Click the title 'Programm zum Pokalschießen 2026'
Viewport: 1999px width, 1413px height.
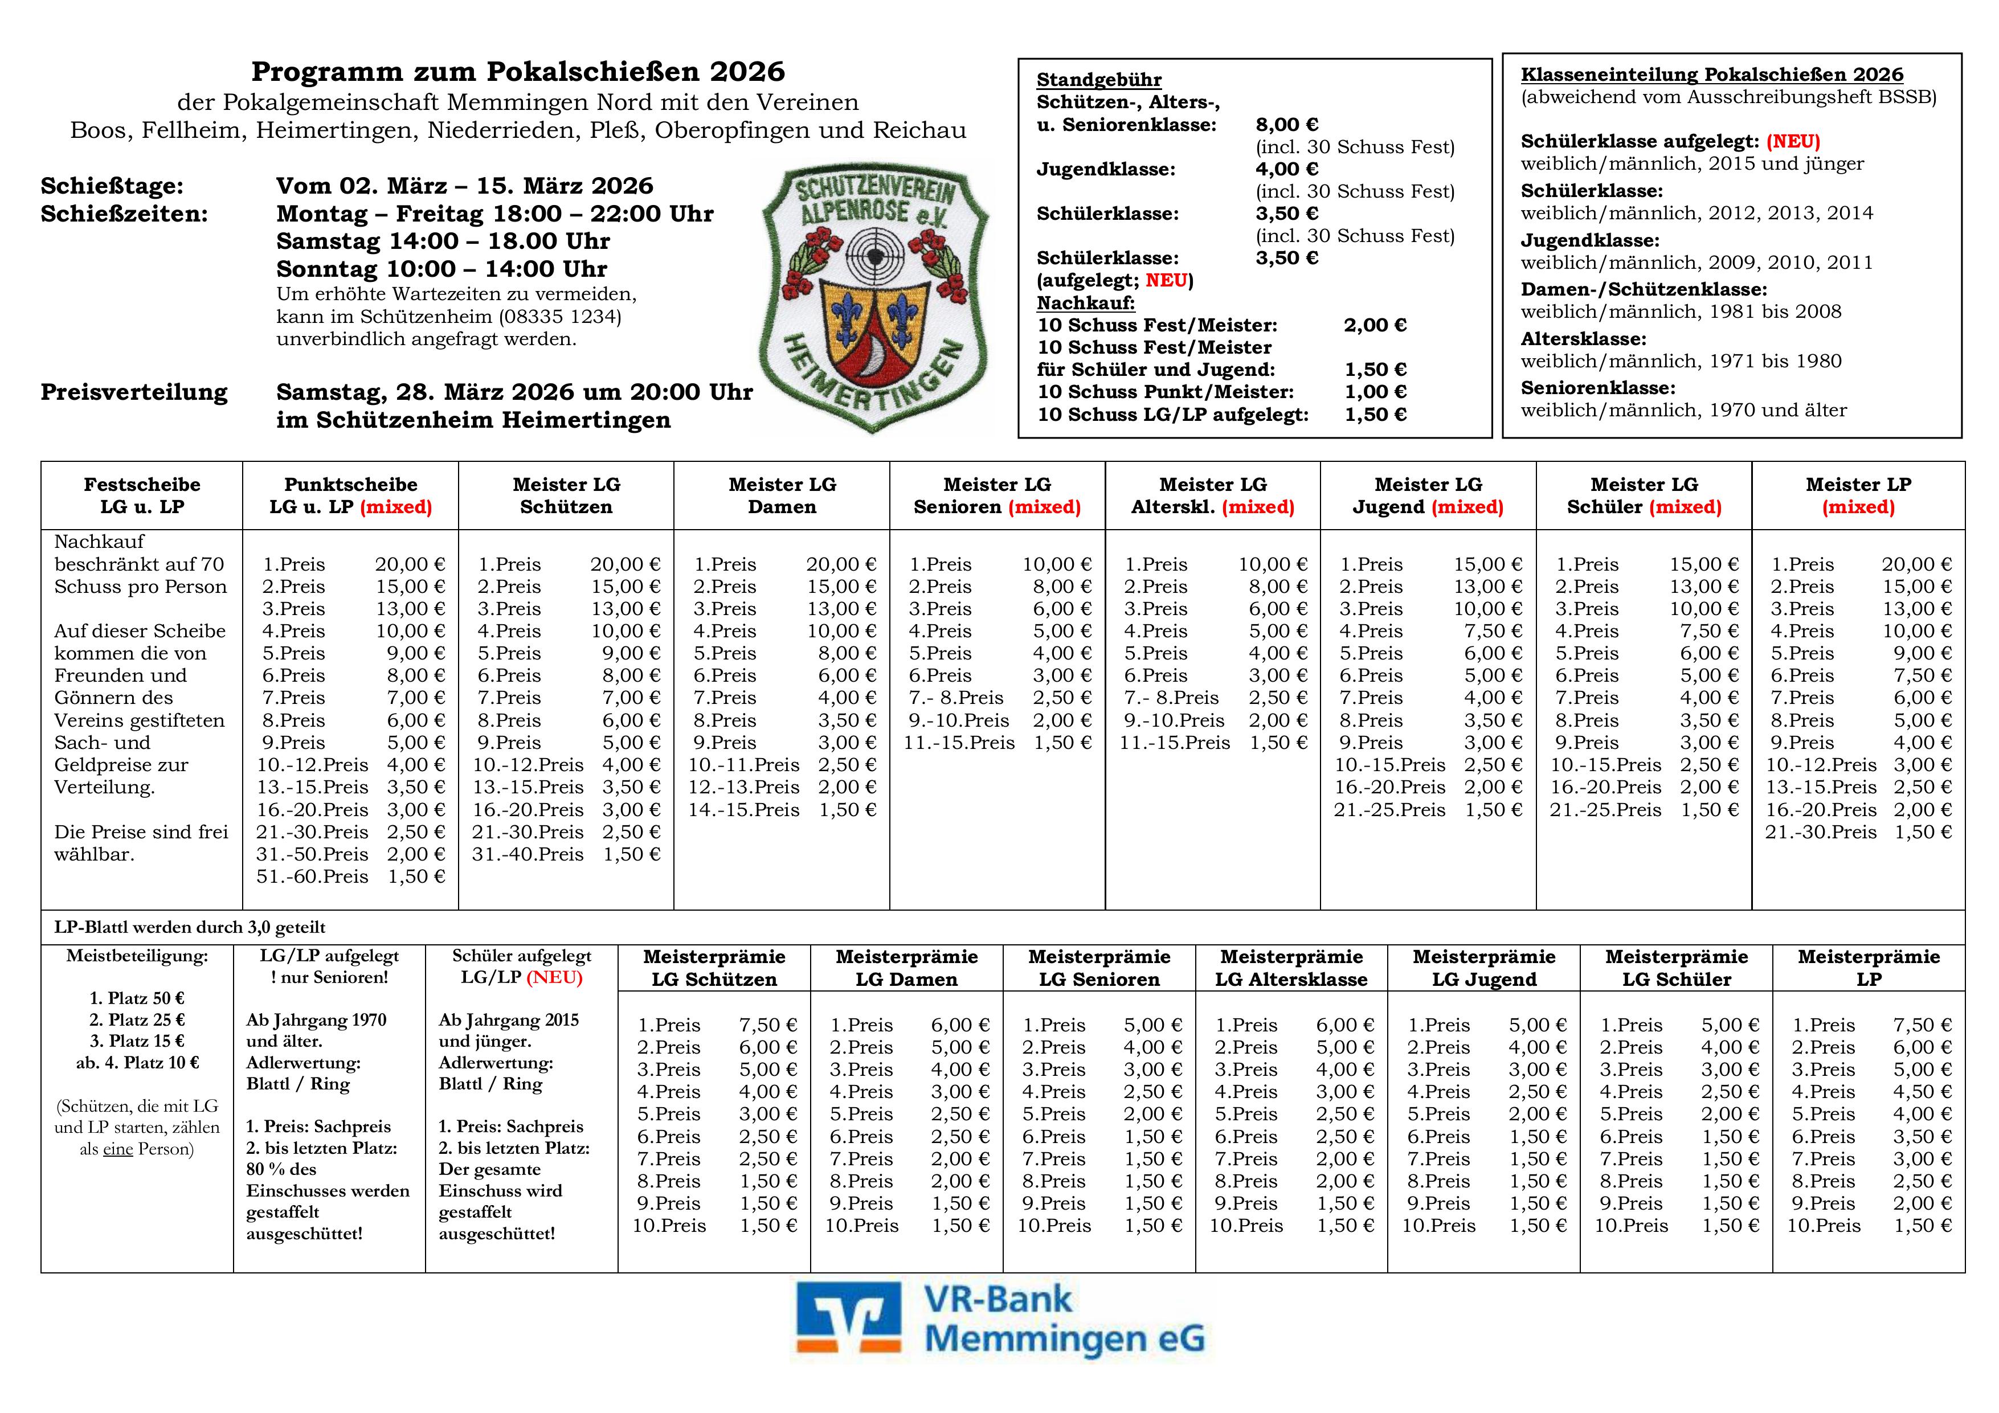tap(518, 71)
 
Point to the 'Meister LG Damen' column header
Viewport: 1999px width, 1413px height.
tap(782, 495)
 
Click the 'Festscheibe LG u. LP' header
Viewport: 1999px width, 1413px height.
tap(142, 495)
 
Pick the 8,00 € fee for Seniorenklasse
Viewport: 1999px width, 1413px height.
tap(1287, 125)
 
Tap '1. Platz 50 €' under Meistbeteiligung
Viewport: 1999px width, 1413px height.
tap(137, 998)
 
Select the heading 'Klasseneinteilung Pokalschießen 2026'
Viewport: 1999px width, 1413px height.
tap(1712, 75)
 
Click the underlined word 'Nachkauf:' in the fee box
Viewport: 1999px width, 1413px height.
tap(1086, 303)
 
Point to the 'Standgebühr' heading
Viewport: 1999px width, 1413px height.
tap(1099, 80)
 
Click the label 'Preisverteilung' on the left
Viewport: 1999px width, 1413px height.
tap(134, 392)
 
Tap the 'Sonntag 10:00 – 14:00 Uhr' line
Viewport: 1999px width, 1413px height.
tap(442, 269)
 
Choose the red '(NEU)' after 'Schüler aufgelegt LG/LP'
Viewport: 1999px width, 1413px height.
tap(555, 978)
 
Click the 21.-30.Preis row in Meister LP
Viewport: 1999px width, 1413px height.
tap(1858, 832)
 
